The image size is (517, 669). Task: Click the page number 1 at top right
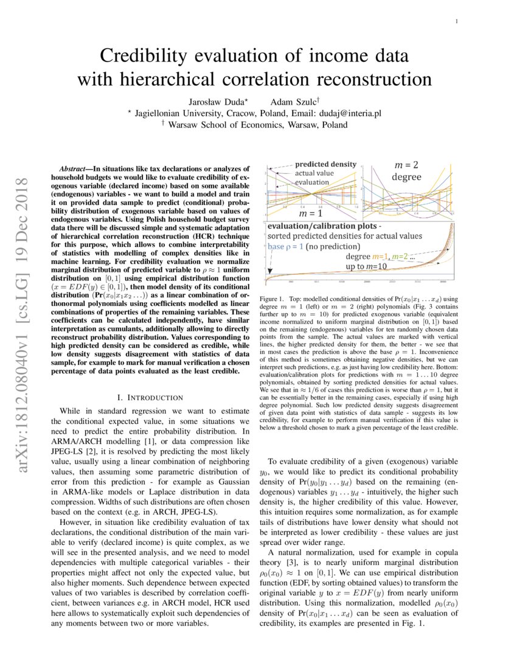456,22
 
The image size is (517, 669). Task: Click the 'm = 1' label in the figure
311,214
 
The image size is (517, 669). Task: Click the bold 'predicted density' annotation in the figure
325,164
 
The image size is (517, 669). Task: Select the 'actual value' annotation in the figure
315,173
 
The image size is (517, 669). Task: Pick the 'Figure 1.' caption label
271,300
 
